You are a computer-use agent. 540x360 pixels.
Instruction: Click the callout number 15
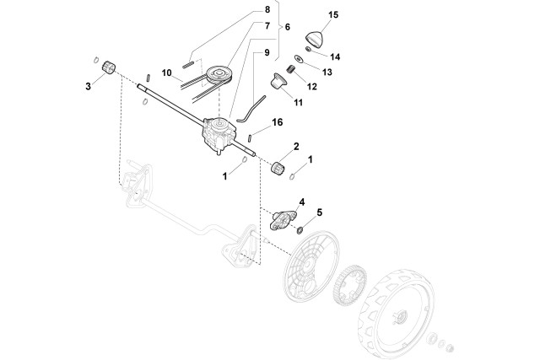point(332,15)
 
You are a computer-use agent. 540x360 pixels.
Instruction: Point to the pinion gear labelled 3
point(106,67)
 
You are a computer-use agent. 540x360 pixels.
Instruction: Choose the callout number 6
point(288,27)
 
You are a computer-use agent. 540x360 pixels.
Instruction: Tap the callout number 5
point(319,212)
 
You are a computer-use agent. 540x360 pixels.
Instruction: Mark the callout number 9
point(267,52)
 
